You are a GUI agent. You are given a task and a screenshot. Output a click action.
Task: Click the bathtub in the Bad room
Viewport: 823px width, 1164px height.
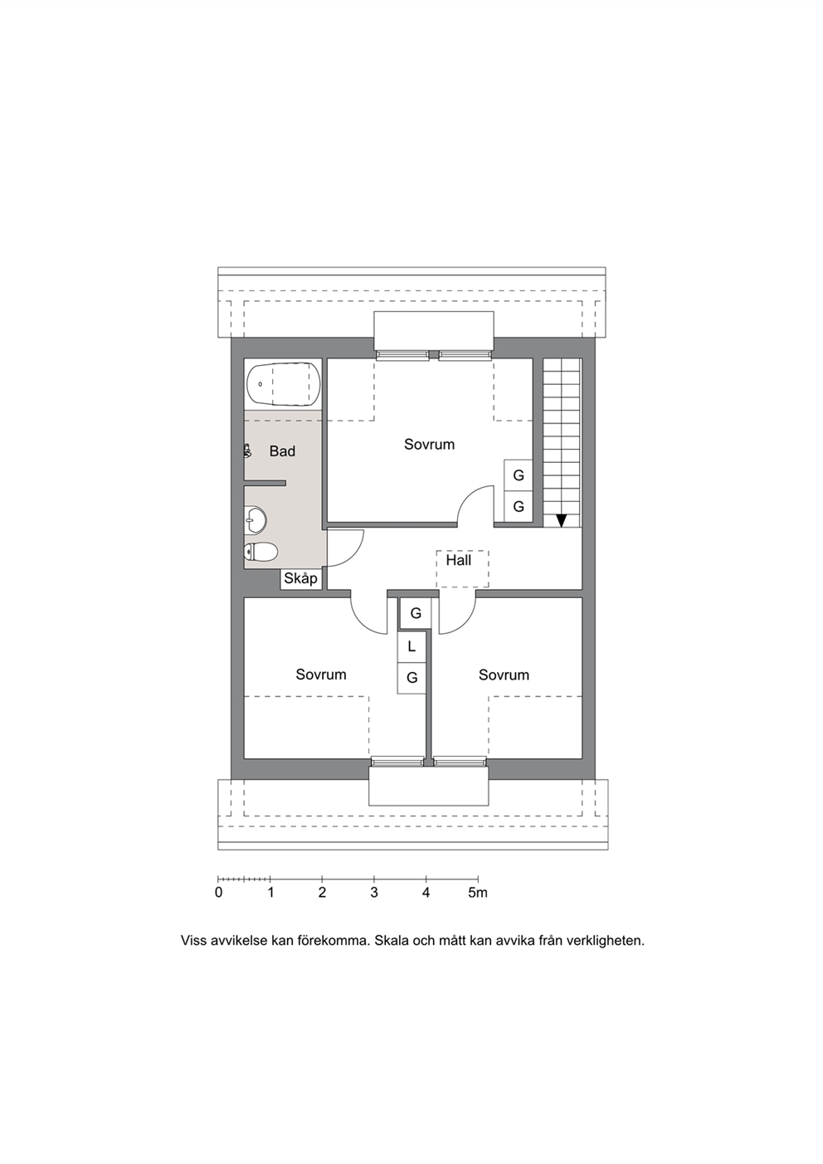[x=283, y=384]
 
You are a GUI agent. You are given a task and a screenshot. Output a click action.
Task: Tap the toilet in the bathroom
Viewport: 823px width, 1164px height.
[x=261, y=552]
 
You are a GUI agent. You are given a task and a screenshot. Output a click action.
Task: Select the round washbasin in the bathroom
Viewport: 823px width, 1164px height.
[x=256, y=519]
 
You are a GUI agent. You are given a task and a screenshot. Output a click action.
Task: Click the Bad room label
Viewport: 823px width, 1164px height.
[x=282, y=451]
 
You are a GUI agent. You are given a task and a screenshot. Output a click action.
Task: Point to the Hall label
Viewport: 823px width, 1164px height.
[x=459, y=560]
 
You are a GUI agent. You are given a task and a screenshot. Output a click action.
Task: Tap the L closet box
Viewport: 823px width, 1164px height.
[x=412, y=647]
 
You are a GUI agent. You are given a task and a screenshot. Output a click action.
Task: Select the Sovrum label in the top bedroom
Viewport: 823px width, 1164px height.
[x=429, y=445]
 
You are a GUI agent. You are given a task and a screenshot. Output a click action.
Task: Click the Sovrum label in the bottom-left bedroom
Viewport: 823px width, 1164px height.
[x=321, y=675]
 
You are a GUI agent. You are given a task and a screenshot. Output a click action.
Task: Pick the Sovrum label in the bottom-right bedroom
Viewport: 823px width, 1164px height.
[x=504, y=675]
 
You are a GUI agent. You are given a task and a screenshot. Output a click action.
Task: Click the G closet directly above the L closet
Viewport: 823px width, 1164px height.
[x=416, y=614]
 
